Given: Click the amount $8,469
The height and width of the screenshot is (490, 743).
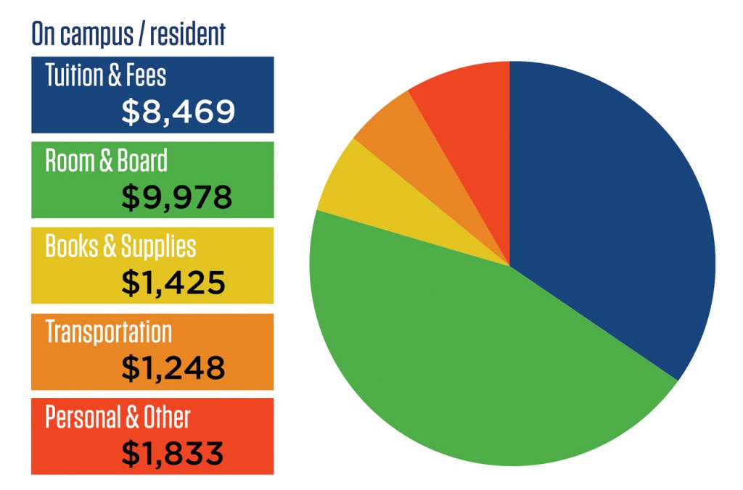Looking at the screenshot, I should coord(178,111).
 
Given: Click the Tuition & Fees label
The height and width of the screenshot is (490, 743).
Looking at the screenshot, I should coord(106,75).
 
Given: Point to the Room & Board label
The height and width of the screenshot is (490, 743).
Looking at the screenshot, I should coord(106,160).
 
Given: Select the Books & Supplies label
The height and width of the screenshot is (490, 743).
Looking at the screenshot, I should coord(120,246).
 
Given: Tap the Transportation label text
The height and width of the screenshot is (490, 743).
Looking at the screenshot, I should coord(109,332).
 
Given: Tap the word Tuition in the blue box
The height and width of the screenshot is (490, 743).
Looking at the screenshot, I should coord(71,75).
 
